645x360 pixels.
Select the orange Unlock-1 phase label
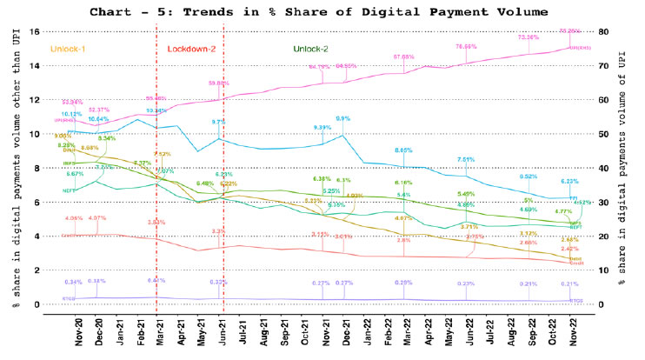click(x=75, y=48)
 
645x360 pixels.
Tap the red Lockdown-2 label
click(x=191, y=48)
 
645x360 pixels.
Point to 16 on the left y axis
click(x=36, y=31)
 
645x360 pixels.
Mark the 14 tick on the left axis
click(x=36, y=65)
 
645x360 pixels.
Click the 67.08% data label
click(x=404, y=57)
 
